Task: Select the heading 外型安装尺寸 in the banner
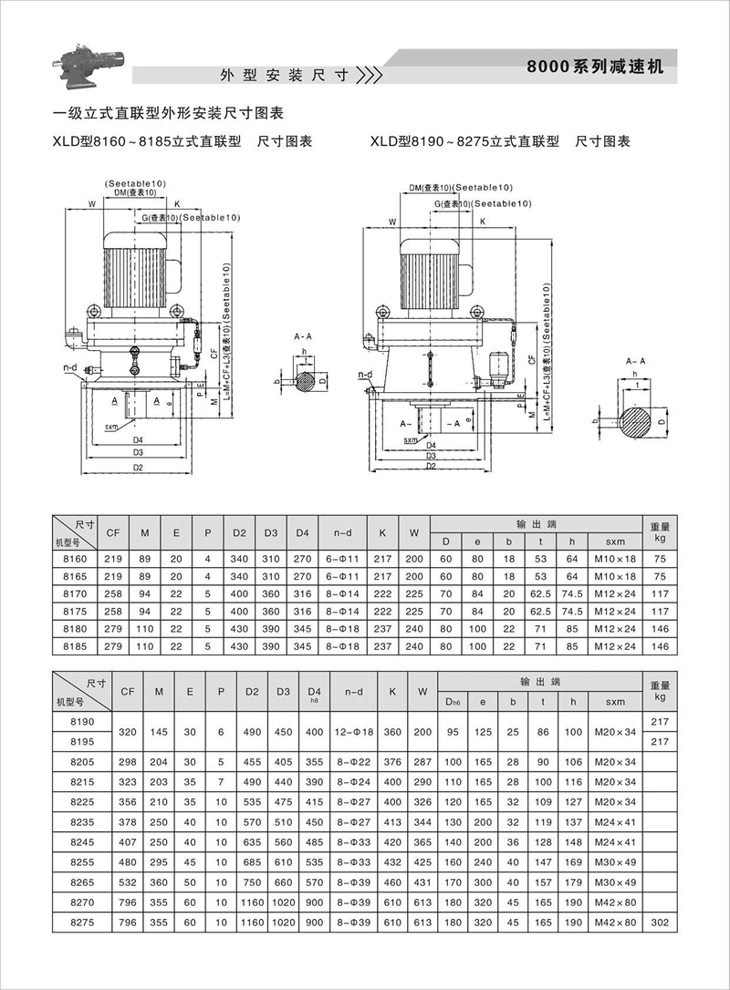[x=285, y=75]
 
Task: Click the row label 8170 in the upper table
[x=74, y=593]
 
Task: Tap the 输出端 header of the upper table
[x=537, y=523]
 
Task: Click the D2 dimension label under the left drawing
[x=138, y=467]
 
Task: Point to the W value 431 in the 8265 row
[x=421, y=884]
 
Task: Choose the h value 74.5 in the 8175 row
[x=573, y=611]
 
